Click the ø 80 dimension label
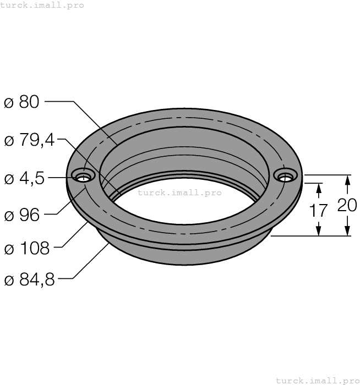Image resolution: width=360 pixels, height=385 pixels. (22, 102)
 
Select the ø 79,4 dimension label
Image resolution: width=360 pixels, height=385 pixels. (29, 140)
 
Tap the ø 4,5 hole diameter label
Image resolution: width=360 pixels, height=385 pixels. (25, 178)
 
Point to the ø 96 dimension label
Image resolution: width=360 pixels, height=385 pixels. (22, 215)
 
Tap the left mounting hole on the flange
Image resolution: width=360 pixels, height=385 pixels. (84, 177)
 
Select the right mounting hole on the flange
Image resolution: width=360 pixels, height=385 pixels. (285, 177)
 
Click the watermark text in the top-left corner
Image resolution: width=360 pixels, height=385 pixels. (42, 5)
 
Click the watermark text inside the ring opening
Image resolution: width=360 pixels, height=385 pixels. (179, 193)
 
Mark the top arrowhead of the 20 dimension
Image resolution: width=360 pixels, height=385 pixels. (347, 180)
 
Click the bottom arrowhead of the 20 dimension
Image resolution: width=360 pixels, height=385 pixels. (347, 232)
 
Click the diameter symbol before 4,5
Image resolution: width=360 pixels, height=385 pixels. (8, 179)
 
